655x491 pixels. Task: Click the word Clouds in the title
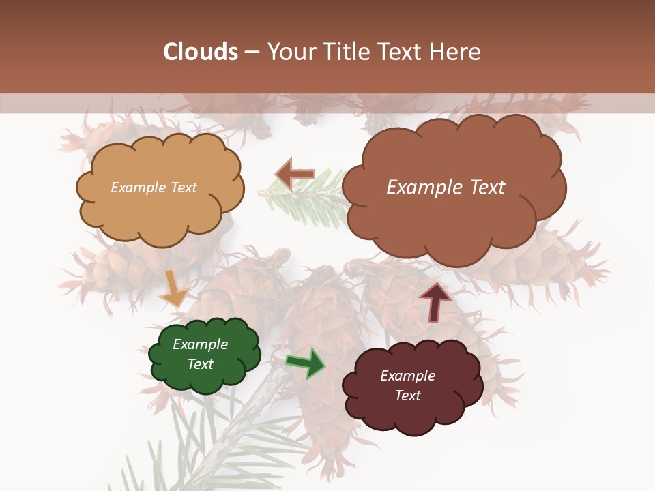201,52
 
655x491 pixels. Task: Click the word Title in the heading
341,52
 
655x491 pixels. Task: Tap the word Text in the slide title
401,52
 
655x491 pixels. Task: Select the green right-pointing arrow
306,363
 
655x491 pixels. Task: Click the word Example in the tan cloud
136,188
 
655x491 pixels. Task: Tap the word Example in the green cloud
200,344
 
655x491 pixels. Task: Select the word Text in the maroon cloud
408,396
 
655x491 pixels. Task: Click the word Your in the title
289,52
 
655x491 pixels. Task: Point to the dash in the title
251,53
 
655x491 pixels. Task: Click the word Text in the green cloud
200,364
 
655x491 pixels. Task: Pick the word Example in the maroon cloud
407,376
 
